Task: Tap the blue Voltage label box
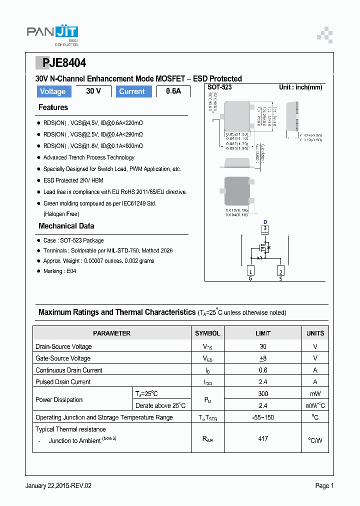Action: coord(52,91)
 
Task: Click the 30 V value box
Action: coord(93,91)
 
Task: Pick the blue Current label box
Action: coord(132,91)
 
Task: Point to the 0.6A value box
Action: coord(173,91)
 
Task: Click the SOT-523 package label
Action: coord(219,87)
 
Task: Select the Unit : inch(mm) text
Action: coord(300,87)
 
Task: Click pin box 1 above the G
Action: coord(250,271)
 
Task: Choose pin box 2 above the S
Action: coord(281,271)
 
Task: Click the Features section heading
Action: coord(53,107)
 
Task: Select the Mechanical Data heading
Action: coord(66,226)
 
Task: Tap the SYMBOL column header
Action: coord(207,333)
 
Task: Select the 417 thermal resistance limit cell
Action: coord(263,438)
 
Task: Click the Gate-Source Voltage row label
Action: coord(63,358)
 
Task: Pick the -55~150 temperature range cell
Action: coord(263,417)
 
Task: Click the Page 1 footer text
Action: coord(324,485)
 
